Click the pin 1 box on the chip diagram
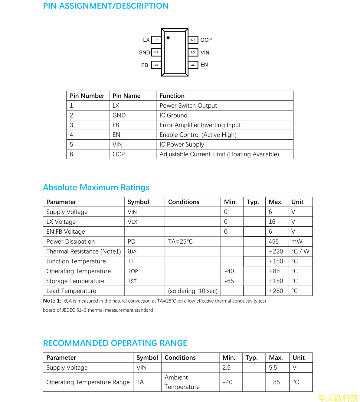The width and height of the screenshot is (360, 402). [156, 40]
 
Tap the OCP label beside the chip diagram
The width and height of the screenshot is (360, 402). [206, 40]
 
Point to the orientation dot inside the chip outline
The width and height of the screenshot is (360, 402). [168, 38]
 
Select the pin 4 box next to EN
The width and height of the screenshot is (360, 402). [193, 65]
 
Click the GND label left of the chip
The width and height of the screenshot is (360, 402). [144, 53]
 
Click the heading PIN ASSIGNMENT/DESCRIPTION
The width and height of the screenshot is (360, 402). [106, 6]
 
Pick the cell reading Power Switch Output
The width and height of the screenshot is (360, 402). [188, 105]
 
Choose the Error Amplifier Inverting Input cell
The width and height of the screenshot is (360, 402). [200, 125]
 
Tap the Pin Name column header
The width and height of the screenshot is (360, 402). [126, 96]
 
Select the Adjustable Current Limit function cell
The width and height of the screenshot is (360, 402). [219, 154]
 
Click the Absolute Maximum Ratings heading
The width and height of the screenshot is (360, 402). [96, 187]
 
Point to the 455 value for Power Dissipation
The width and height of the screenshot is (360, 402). [273, 242]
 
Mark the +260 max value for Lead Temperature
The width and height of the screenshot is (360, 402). [276, 291]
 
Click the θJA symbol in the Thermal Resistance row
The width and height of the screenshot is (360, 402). [132, 251]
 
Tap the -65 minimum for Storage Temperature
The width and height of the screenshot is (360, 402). [229, 281]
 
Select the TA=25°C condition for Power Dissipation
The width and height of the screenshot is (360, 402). [180, 242]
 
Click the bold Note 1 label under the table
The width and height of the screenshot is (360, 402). [52, 301]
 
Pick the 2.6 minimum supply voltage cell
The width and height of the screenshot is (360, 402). [226, 368]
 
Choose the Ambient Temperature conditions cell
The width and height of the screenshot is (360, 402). [182, 382]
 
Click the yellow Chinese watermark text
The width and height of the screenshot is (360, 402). [338, 397]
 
